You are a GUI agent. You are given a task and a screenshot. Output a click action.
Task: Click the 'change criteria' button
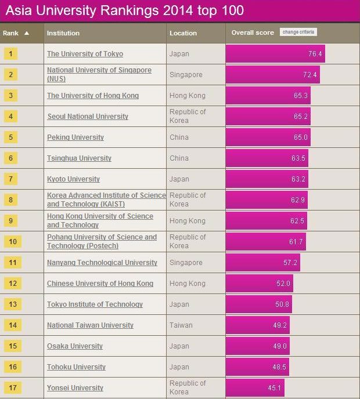coord(298,32)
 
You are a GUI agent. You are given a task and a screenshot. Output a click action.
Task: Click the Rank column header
coord(16,33)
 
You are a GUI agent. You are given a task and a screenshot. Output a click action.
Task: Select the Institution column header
coord(63,33)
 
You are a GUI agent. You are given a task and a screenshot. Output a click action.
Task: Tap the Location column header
coord(183,33)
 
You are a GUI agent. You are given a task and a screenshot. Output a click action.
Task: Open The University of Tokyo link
coord(85,54)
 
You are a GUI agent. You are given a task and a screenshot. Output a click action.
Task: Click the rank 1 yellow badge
coord(11,54)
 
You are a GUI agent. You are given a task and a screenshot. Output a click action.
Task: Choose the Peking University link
coord(75,137)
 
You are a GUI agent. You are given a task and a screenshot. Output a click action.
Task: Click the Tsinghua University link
coord(79,158)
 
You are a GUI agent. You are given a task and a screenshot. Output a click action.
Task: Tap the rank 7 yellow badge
coord(11,179)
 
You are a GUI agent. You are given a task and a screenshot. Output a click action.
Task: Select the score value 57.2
coord(290,263)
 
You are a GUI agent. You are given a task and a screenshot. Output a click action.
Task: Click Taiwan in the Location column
coord(181,325)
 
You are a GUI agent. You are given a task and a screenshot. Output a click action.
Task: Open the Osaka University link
coord(75,346)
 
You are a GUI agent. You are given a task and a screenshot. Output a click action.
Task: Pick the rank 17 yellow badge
coord(12,387)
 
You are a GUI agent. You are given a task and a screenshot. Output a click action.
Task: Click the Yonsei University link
coord(75,388)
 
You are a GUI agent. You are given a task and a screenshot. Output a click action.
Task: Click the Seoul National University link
coord(88,117)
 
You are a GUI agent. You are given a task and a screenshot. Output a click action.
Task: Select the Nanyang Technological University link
coord(102,263)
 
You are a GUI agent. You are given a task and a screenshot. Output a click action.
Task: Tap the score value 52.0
coord(283,284)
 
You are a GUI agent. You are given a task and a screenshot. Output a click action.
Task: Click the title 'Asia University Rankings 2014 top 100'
coord(124,10)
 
